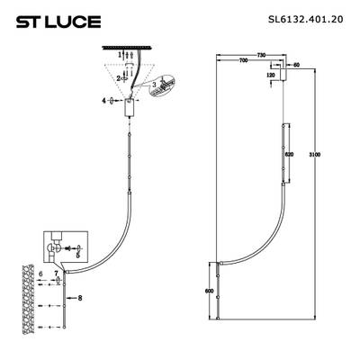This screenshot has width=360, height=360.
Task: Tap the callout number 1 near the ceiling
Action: tap(116, 55)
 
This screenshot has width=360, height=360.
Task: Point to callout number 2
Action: tap(118, 77)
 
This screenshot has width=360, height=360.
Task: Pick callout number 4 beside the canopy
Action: tap(104, 101)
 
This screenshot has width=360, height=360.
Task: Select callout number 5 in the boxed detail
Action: tap(77, 255)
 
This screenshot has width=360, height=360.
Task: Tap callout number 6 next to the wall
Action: tap(40, 272)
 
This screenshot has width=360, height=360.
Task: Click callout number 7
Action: tap(56, 272)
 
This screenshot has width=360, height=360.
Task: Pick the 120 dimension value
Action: tap(270, 76)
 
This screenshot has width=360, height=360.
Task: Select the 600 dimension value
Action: tap(210, 291)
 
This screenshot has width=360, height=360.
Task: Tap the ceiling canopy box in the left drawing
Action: tap(127, 106)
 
